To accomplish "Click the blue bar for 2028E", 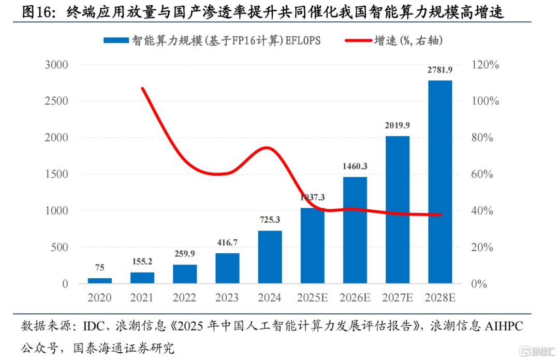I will [440, 182].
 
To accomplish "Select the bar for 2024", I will [270, 257].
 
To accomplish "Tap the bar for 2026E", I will [355, 230].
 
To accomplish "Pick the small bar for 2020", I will [99, 281].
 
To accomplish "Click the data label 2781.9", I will [440, 70].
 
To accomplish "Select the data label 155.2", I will [142, 262].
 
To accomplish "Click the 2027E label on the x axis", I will [398, 298].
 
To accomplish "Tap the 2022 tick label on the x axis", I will [185, 298].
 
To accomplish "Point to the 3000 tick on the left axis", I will [57, 65].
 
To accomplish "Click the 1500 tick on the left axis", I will [57, 174].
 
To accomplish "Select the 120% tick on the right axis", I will [486, 65].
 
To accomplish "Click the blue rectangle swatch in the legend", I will [116, 40].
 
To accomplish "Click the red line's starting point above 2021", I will [142, 89].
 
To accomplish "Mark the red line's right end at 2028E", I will [440, 214].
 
